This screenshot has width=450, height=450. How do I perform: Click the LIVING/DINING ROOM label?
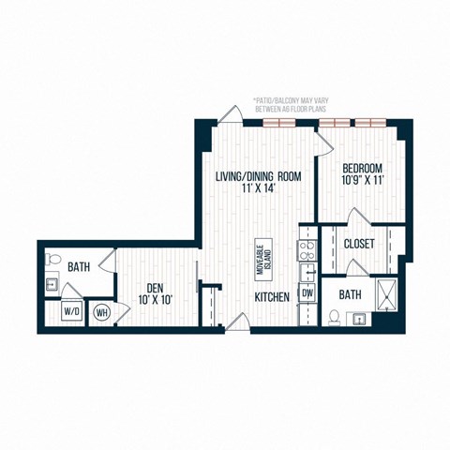click(x=259, y=174)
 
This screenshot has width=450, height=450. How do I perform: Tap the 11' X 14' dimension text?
click(x=259, y=187)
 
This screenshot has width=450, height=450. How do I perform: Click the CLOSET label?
click(x=360, y=244)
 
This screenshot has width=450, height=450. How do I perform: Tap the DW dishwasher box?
click(x=307, y=293)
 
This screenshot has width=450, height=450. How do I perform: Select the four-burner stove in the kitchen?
click(x=305, y=249)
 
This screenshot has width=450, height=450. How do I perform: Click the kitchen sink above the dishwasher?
click(x=306, y=273)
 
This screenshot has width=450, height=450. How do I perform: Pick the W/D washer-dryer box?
click(x=71, y=310)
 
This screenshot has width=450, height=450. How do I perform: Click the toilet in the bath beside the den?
click(x=53, y=260)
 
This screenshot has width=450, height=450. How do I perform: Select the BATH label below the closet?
click(x=350, y=294)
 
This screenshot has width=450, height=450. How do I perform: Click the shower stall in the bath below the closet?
click(x=383, y=294)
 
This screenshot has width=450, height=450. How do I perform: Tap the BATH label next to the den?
click(x=79, y=267)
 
